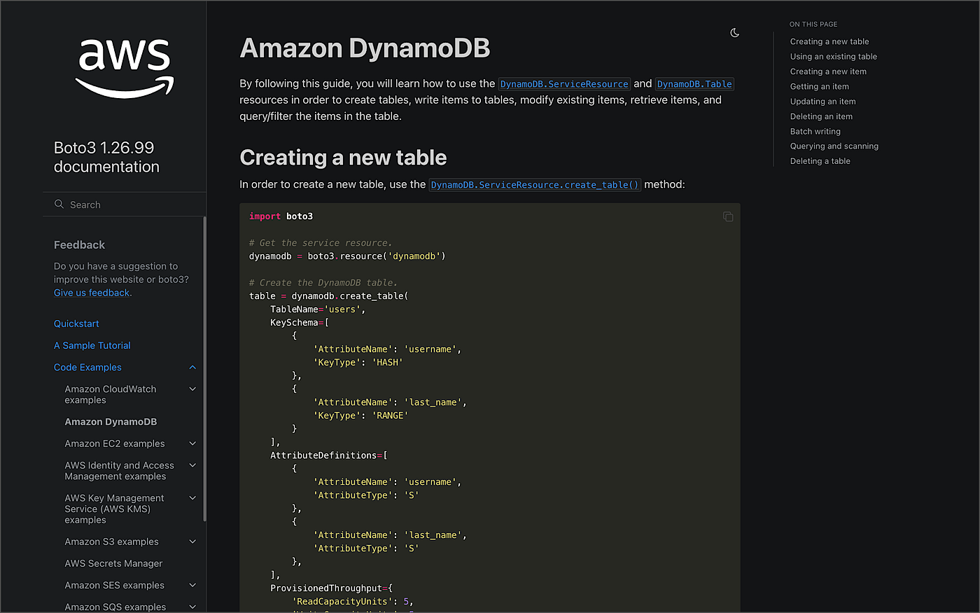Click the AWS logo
pos(125,69)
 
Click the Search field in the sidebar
pos(125,205)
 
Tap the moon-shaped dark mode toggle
pos(734,33)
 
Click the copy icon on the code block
pos(728,216)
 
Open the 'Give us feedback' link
pos(92,293)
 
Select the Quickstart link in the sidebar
pos(76,324)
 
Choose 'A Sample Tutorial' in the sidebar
pos(92,345)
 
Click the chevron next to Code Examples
pos(192,367)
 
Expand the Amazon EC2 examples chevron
pos(192,443)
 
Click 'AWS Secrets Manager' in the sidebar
pos(113,563)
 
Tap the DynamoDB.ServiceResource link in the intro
pos(564,84)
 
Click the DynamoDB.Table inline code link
pos(694,84)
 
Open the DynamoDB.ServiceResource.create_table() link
pos(535,185)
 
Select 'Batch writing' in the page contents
pos(815,132)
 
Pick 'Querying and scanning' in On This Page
pos(834,146)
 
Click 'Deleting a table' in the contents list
pos(820,161)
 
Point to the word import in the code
pos(265,216)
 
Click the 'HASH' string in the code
pos(387,363)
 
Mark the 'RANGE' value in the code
pos(390,415)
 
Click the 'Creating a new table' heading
pos(343,158)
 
